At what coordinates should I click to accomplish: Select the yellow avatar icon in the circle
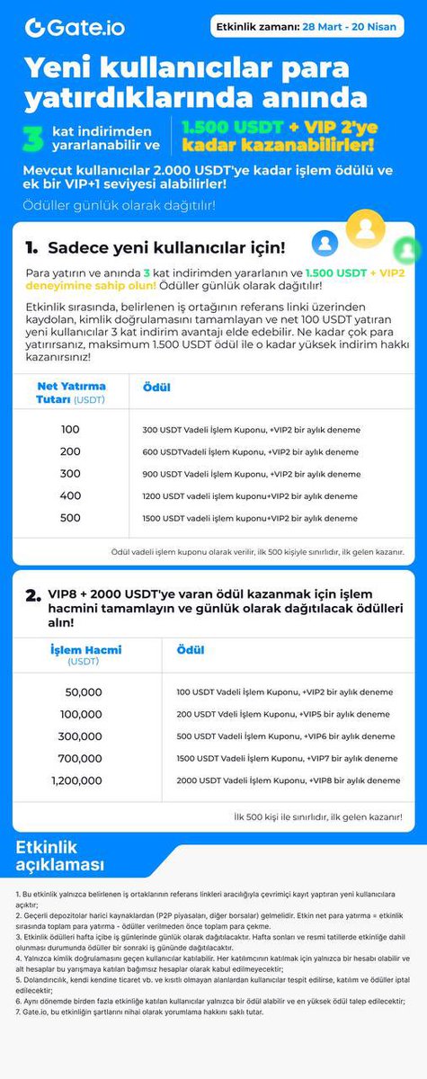[x=365, y=228]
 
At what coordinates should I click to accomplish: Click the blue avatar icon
[x=325, y=242]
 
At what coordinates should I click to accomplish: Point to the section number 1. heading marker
[x=31, y=247]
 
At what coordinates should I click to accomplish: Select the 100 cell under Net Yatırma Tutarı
[x=71, y=430]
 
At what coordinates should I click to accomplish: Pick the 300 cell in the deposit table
[x=71, y=474]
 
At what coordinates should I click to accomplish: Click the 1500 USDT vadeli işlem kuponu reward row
[x=249, y=518]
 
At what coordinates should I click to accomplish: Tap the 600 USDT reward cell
[x=249, y=452]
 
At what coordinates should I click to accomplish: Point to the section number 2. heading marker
[x=33, y=594]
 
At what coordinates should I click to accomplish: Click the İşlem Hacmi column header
[x=85, y=655]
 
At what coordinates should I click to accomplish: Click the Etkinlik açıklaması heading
[x=59, y=856]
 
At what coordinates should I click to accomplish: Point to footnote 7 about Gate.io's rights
[x=139, y=1012]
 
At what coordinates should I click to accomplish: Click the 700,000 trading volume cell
[x=81, y=758]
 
